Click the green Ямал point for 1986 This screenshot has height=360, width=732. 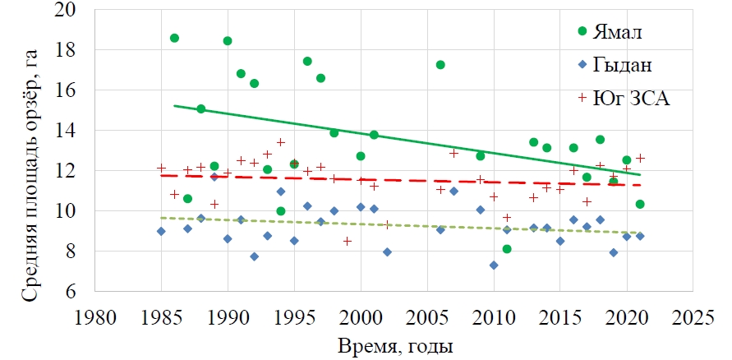click(x=174, y=38)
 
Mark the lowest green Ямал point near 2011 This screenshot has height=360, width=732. click(x=507, y=249)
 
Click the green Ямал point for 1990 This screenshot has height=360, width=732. click(x=228, y=41)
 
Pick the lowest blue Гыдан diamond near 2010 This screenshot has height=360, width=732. click(x=494, y=265)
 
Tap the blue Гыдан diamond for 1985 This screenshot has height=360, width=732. click(x=161, y=232)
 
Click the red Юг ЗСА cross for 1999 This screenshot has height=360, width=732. click(x=348, y=241)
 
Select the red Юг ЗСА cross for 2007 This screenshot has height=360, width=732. click(x=453, y=153)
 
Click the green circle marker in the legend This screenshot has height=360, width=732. click(x=583, y=32)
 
